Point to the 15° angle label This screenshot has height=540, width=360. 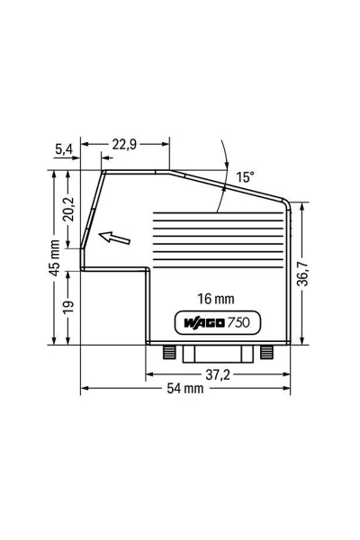coord(246,177)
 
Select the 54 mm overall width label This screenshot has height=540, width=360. coord(184,389)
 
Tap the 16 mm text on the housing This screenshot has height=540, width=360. coord(215,298)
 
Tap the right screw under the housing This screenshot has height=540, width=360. coord(265,351)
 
